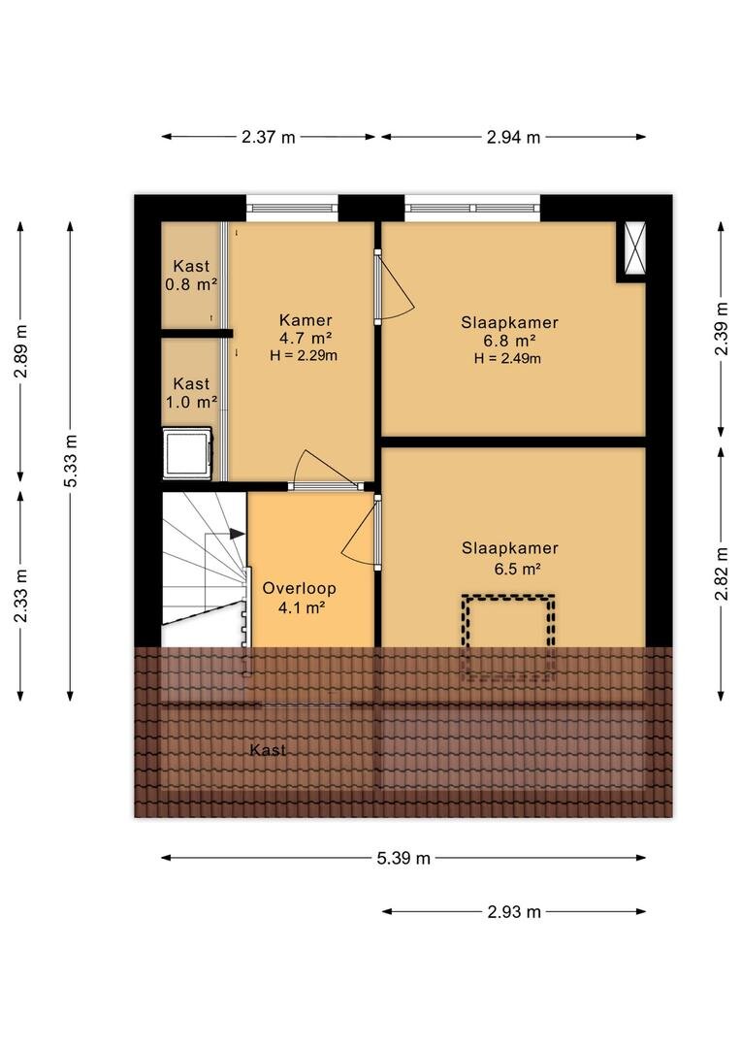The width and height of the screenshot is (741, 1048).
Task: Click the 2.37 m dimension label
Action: point(268,137)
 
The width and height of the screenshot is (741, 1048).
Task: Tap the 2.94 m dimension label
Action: point(513,137)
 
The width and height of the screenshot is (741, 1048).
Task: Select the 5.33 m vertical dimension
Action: point(71,461)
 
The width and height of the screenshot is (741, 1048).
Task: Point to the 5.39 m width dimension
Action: point(403,858)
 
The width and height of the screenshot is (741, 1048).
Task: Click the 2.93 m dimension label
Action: point(514,911)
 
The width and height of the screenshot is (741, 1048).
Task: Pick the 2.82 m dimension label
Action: point(721,573)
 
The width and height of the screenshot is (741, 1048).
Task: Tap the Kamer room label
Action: point(306,320)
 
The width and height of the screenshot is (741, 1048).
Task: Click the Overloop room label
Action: point(299,588)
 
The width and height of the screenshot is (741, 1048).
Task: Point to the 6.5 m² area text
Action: point(517,569)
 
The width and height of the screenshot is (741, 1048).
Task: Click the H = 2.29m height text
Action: point(304,355)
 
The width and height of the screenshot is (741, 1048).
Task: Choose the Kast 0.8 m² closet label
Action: point(191,276)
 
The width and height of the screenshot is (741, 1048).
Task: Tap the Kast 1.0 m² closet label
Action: point(191,393)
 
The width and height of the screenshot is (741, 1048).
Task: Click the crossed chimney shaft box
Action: point(634,247)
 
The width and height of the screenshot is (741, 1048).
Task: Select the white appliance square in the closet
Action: point(188,453)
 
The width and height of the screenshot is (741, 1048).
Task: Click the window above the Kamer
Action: point(292,208)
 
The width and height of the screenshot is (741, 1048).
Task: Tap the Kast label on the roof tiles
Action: point(268,750)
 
